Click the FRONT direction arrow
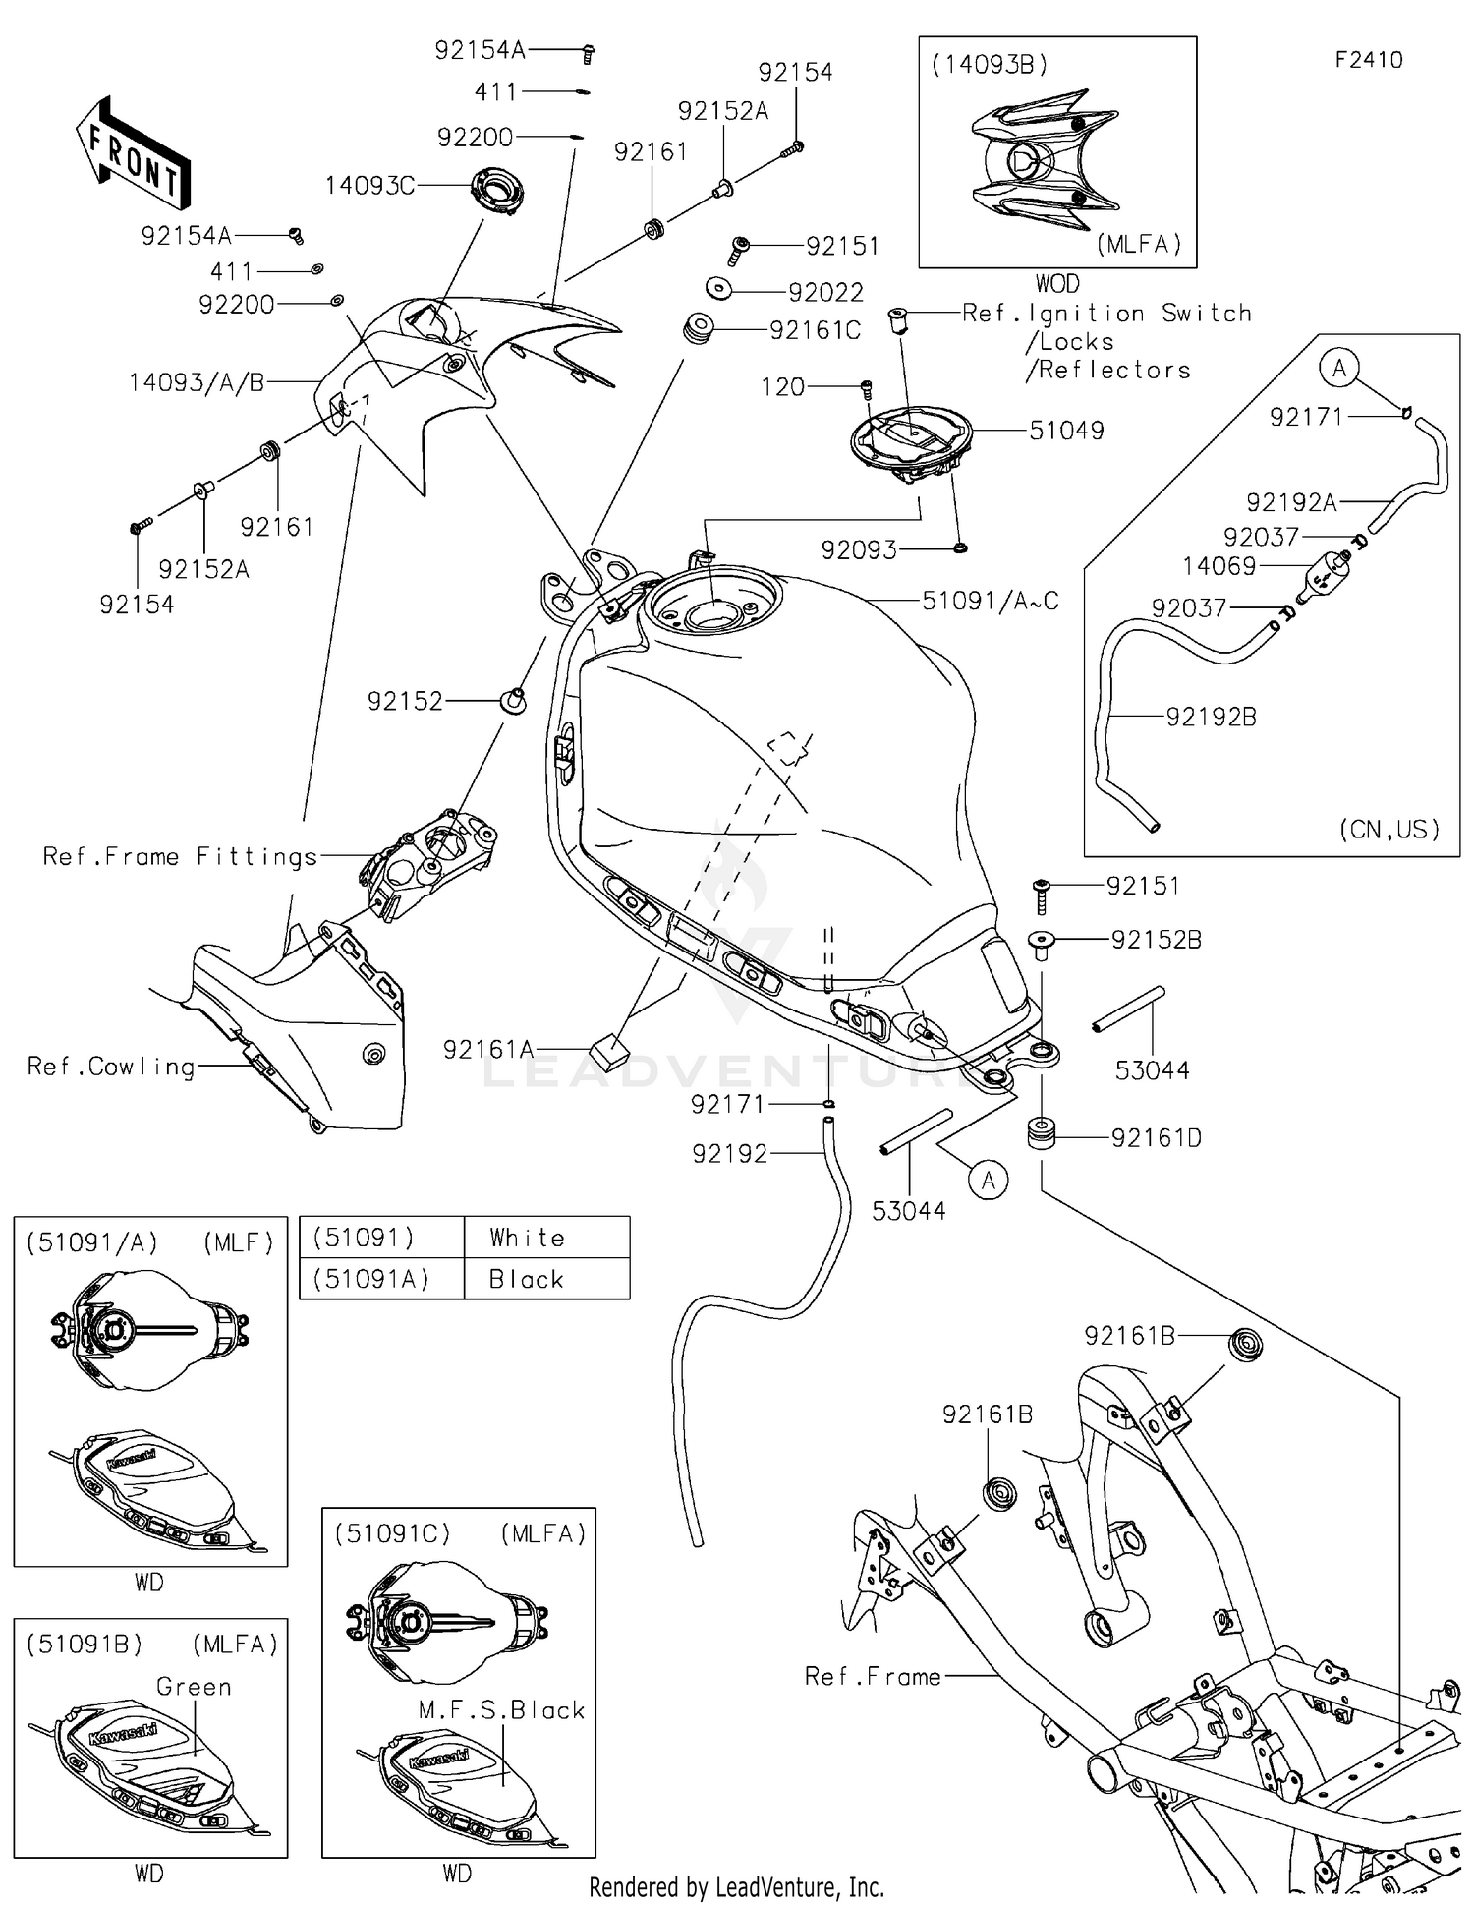coord(132,155)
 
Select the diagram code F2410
coord(1368,60)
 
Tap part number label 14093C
coord(369,185)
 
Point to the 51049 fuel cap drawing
coord(911,440)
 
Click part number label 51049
coord(1066,431)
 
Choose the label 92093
coord(859,550)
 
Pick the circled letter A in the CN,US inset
coord(1338,369)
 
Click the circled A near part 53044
coord(989,1180)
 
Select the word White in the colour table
coord(528,1238)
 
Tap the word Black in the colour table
coord(527,1279)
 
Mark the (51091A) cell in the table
coord(370,1279)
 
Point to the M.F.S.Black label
coord(501,1709)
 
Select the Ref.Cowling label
coord(111,1067)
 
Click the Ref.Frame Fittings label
coord(180,856)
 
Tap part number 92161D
coord(1156,1138)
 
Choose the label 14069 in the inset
coord(1219,566)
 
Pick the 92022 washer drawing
coord(719,289)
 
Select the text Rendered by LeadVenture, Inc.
coord(736,1887)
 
